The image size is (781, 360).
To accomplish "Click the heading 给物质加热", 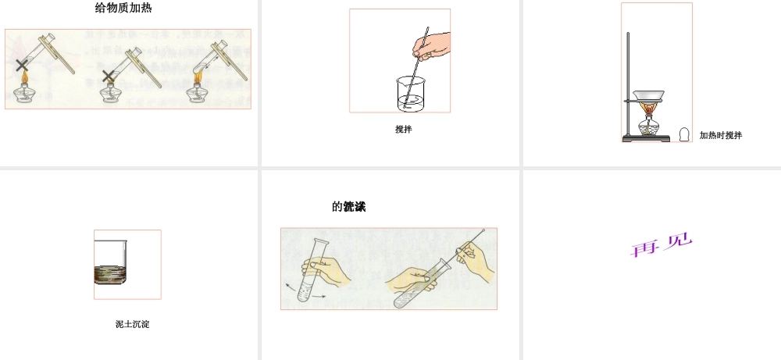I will pyautogui.click(x=129, y=9).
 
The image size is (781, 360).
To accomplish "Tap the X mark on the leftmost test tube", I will pyautogui.click(x=23, y=66).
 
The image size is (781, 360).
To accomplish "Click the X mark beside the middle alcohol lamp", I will pyautogui.click(x=109, y=76).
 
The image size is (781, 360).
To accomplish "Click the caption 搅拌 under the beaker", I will pyautogui.click(x=403, y=130).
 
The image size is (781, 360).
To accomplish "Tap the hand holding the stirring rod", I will pyautogui.click(x=433, y=45).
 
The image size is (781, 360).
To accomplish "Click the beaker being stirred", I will pyautogui.click(x=412, y=94).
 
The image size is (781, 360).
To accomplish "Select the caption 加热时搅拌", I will pyautogui.click(x=720, y=135).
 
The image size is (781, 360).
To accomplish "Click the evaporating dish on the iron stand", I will pyautogui.click(x=648, y=97).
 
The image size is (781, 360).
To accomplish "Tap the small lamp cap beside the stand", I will pyautogui.click(x=685, y=134).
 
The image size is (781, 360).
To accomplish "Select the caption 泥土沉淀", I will pyautogui.click(x=132, y=324).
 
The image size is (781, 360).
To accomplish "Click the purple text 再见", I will pyautogui.click(x=662, y=245).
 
